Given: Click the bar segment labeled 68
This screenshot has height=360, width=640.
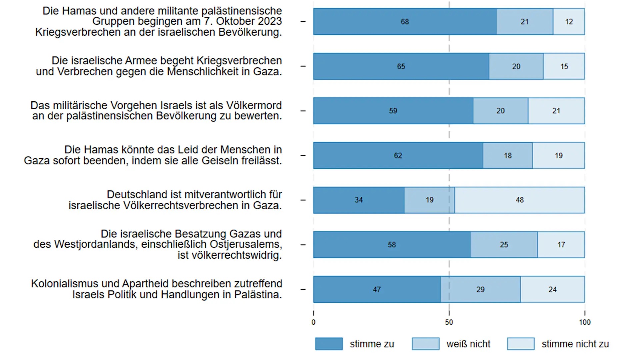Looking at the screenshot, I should coord(405,22).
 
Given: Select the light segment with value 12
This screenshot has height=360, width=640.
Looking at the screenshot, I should coord(569,22).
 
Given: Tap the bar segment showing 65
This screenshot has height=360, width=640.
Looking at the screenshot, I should coord(401,66).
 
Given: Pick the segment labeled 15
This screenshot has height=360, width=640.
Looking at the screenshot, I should coord(564,66).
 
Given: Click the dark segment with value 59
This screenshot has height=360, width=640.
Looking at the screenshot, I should coord(393,111).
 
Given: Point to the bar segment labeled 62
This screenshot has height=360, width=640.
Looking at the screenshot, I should coord(398,155).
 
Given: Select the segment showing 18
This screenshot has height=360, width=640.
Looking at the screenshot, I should coord(507,155).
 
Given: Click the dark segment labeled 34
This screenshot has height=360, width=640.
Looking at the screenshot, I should coord(359,200).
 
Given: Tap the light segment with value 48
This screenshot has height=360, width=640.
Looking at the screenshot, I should coord(519,200).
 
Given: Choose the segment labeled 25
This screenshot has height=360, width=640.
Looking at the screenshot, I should coord(504,245).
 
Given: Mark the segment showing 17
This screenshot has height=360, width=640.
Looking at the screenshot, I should coord(561,245).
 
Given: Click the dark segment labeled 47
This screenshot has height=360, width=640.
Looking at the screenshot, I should coord(377,289).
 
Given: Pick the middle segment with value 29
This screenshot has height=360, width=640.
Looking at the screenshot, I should coord(480,289).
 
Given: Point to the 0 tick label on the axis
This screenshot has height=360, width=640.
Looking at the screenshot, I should coord(313,322).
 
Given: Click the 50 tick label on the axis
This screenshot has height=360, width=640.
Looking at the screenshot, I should coord(449,322).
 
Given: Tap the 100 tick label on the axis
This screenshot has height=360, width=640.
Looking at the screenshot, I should coord(585,322).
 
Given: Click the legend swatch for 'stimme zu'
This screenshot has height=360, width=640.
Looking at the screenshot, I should coord(329,344).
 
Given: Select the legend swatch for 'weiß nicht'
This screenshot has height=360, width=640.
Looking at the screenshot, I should coord(425,344).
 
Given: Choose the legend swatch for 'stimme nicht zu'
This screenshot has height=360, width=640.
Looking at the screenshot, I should coord(521,344).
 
